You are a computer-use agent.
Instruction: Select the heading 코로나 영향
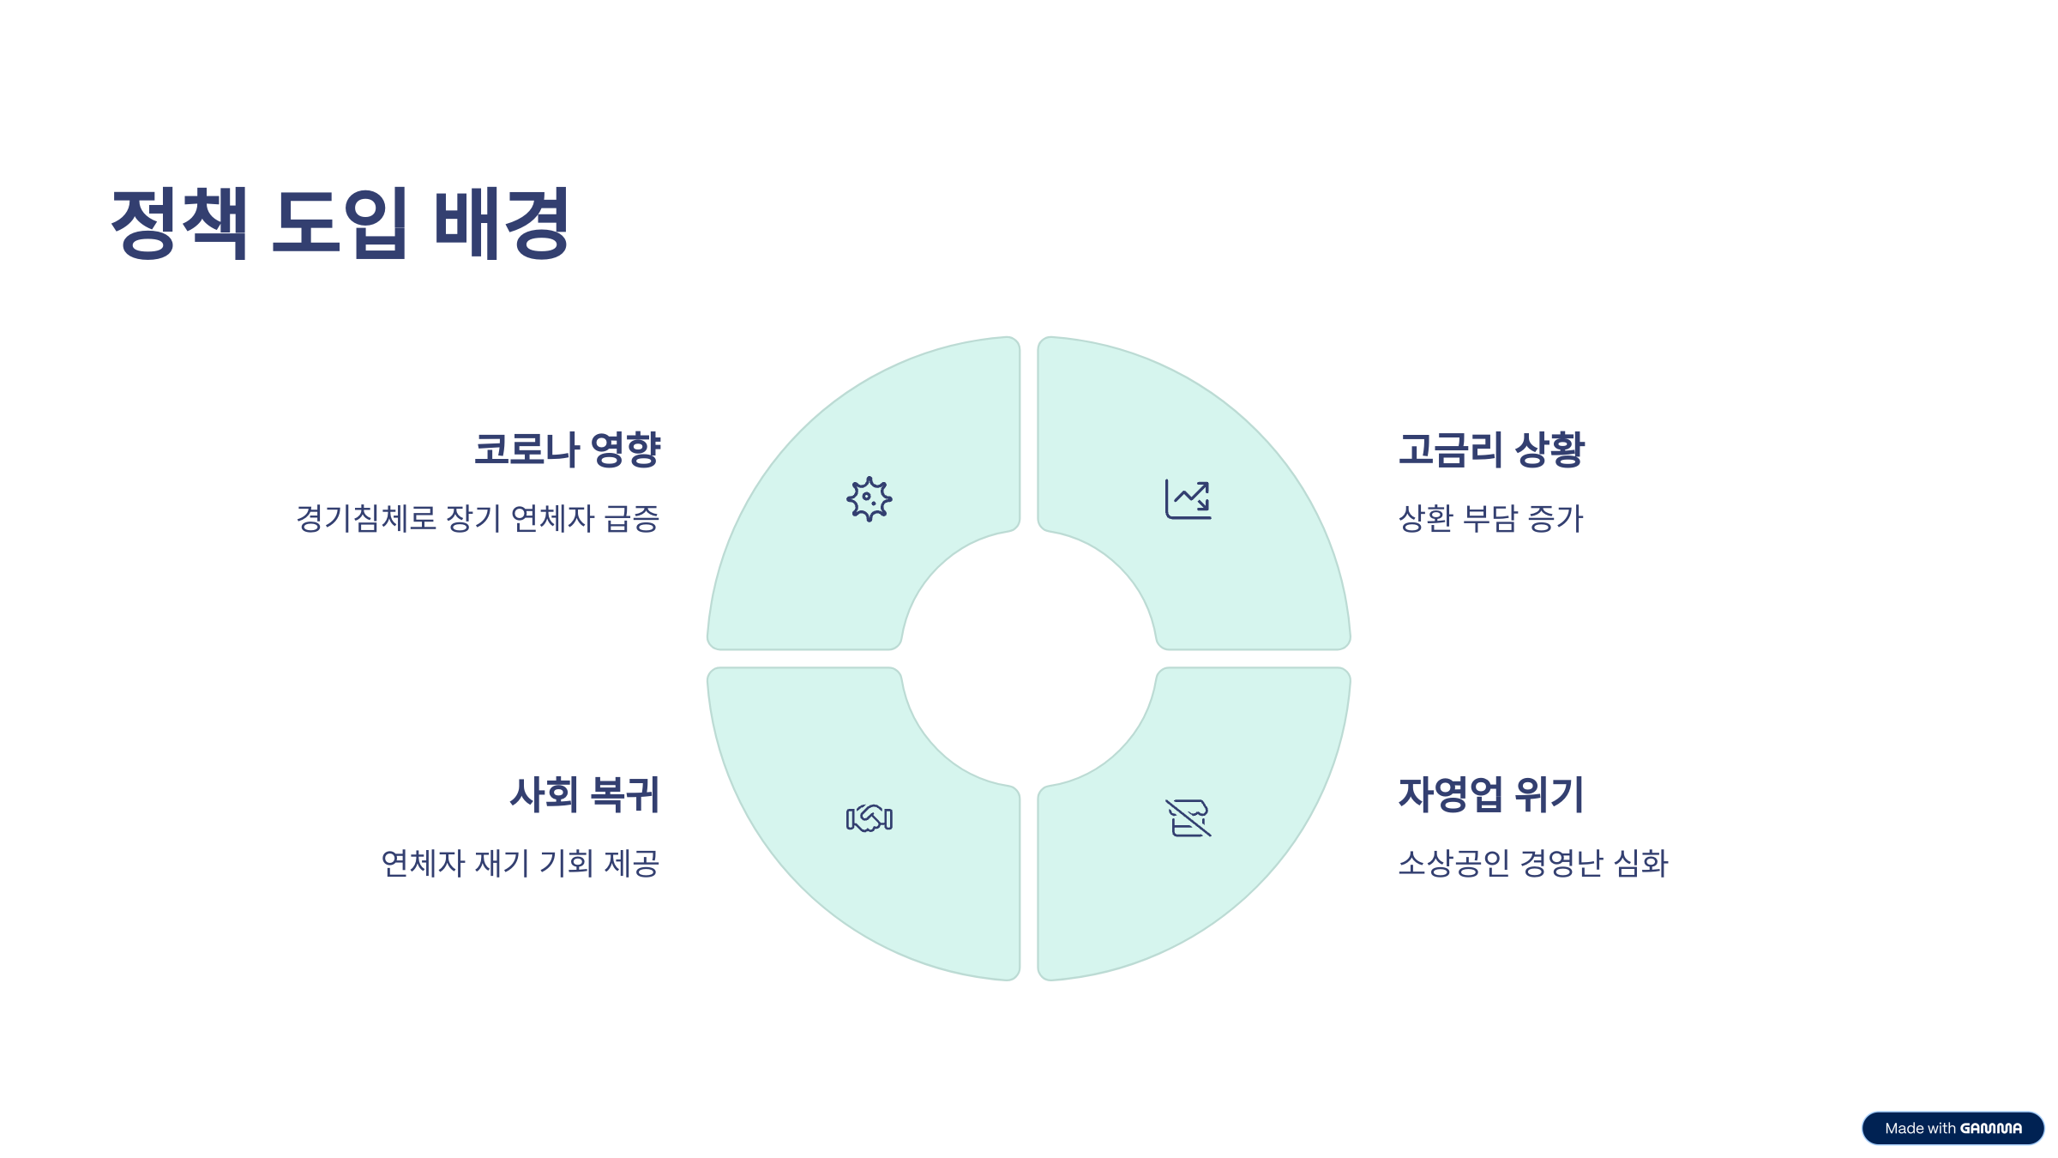pos(567,449)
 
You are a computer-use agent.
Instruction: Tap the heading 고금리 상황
pos(1491,449)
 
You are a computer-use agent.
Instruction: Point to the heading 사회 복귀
pos(585,794)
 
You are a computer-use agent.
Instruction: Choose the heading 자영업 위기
pos(1491,794)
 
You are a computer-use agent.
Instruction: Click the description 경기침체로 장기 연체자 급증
pos(478,518)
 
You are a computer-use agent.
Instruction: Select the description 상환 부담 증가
pos(1490,518)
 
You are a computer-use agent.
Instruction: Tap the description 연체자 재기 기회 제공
pos(520,863)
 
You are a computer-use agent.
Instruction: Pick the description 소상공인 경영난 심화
pos(1533,863)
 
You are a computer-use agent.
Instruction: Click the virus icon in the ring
pos(870,499)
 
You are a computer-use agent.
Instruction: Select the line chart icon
pos(1188,499)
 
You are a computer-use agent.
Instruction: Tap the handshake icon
pos(870,818)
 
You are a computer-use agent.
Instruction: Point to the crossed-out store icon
pos(1188,818)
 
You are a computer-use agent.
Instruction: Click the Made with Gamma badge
pos(1953,1128)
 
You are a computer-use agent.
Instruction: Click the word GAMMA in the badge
pos(1991,1129)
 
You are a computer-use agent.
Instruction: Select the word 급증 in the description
pos(632,518)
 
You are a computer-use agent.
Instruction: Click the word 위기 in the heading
pos(1550,794)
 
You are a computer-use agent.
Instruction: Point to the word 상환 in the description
pos(1426,518)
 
